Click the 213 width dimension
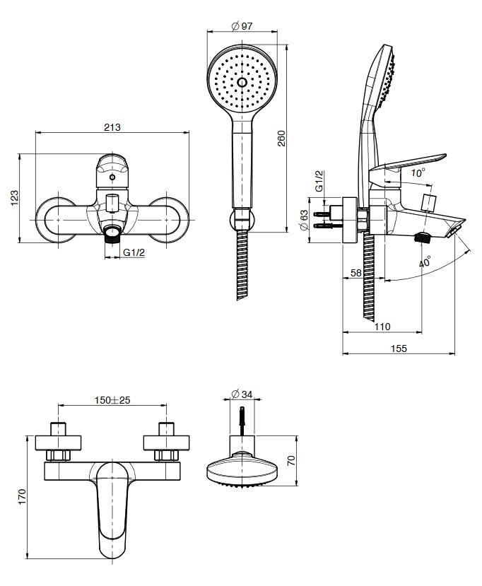coord(112,127)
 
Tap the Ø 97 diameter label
coord(242,26)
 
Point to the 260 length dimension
coord(281,137)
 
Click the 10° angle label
coord(418,172)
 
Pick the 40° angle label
coord(424,262)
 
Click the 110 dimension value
coord(382,327)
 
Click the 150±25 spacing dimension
coord(112,400)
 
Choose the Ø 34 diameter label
coord(242,394)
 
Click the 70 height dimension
coord(290,460)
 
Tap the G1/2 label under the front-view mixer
coord(134,252)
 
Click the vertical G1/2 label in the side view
coord(319,182)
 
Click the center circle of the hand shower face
coord(242,83)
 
